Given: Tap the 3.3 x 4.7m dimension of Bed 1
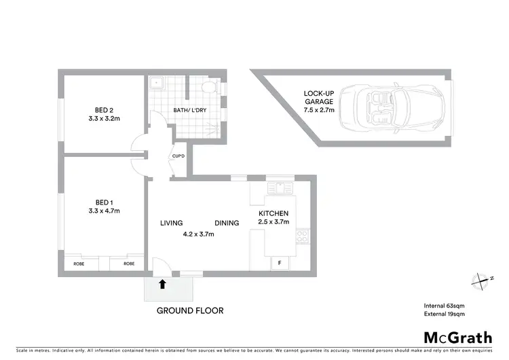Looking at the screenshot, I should click(x=104, y=211).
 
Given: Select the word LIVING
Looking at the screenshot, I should click(x=173, y=223).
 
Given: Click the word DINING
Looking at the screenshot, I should click(x=227, y=223).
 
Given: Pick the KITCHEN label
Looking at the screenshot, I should click(x=274, y=213).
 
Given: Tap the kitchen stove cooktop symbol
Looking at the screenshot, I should click(x=302, y=237).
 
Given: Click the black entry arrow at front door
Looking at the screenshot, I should click(x=163, y=285).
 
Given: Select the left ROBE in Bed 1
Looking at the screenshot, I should click(x=79, y=263).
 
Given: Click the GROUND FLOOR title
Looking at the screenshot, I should click(x=190, y=310).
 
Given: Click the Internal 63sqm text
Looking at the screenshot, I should click(x=444, y=305).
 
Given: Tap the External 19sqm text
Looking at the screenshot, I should click(x=444, y=314).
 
